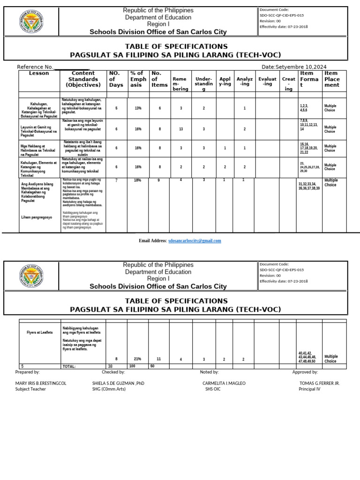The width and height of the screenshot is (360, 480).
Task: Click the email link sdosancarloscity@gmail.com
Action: coord(195,240)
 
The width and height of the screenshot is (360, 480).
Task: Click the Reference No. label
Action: coord(35,67)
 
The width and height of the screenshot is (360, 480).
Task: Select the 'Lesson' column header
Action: coord(39,74)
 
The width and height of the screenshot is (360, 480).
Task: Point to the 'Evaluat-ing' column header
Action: coord(268,82)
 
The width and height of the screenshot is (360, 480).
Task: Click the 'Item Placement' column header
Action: coord(332,79)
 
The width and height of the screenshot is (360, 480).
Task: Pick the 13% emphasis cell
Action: coord(138,108)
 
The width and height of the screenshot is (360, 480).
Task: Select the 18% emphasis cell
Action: coord(137,180)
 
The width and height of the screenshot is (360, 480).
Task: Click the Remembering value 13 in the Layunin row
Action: coord(181,129)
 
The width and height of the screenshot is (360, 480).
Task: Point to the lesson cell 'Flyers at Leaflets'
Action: coord(40,332)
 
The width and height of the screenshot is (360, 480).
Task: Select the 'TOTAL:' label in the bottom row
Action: coord(69,366)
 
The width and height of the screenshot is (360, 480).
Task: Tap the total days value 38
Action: coord(110,366)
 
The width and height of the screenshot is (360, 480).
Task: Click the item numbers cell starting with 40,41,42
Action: coord(307,357)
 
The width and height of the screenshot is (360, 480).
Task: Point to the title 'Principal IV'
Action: coord(309,389)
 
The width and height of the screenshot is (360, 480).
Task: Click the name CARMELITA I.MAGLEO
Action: coord(224,383)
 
